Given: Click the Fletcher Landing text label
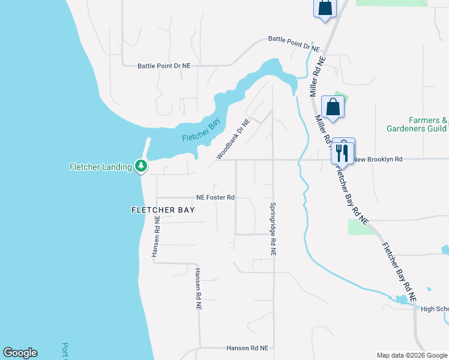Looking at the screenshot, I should click(100, 166).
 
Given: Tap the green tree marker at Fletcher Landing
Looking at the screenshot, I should click(141, 165).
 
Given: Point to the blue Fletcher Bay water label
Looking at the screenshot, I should click(202, 130).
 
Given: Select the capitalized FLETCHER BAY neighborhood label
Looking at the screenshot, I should click(163, 210).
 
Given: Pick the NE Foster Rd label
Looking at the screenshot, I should click(215, 197).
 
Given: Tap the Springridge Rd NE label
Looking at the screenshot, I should click(273, 229).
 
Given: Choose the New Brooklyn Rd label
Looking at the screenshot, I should click(377, 160).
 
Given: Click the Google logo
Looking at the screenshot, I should click(20, 353).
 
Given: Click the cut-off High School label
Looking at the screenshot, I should click(435, 309).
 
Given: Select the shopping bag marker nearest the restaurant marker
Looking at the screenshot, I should click(333, 107).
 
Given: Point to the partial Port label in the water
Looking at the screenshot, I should click(65, 350).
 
